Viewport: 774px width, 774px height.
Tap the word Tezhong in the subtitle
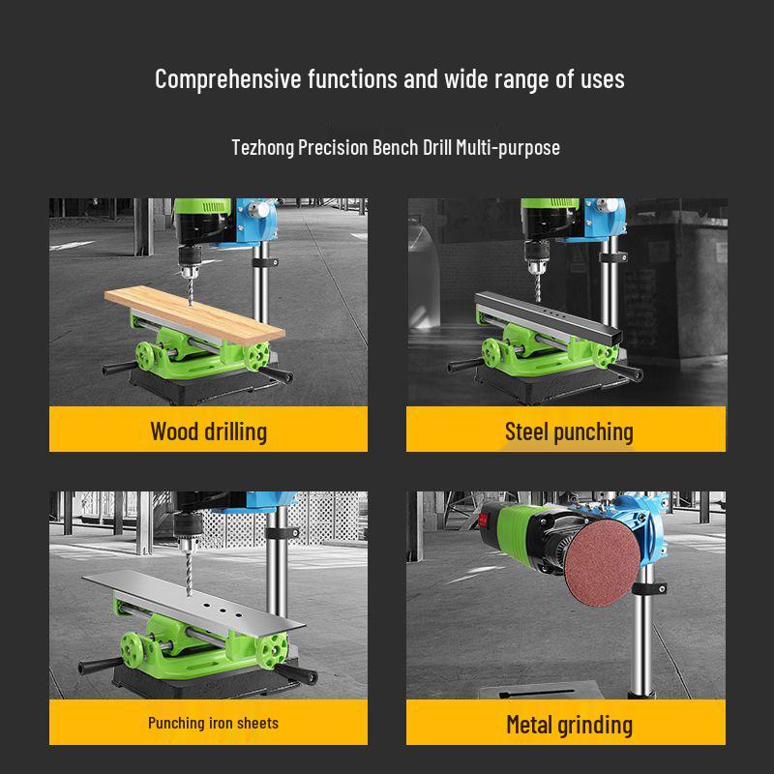click(262, 148)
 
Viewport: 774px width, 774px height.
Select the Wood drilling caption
click(208, 431)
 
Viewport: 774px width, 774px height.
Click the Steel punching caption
click(569, 432)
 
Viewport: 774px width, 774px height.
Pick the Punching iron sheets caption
click(213, 723)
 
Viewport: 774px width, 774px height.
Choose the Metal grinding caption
click(569, 724)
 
